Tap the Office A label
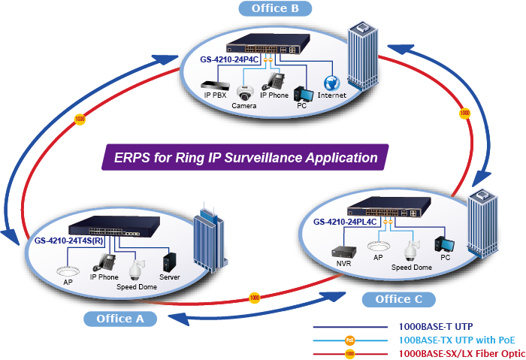[119, 319]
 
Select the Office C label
[399, 299]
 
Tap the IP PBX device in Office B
[216, 84]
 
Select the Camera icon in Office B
[243, 92]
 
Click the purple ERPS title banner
[246, 159]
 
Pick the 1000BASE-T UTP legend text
[436, 327]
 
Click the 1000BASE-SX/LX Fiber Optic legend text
[461, 352]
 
